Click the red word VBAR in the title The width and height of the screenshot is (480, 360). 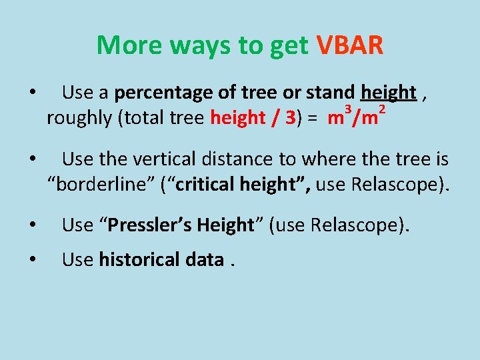(349, 46)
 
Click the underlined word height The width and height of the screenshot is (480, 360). (388, 93)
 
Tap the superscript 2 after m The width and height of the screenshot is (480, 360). (381, 109)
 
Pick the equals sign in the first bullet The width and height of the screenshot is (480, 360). (312, 119)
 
